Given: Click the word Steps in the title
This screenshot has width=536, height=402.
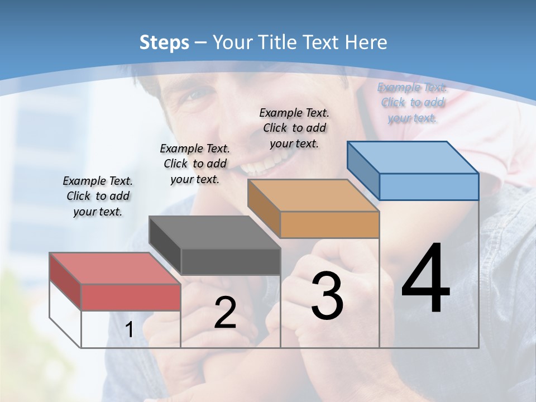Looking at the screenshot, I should tap(164, 42).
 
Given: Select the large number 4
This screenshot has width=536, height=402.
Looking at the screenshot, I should tap(425, 279).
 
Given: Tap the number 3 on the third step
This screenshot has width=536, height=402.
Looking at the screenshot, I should tap(327, 296).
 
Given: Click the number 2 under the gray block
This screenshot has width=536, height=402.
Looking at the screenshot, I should tap(225, 313).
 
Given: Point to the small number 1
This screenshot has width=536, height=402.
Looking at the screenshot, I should tap(129, 330).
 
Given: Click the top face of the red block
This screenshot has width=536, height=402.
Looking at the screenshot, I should tap(115, 268).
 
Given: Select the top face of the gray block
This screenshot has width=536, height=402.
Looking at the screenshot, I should tap(214, 232).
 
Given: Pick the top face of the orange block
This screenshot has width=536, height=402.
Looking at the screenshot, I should tap(313, 195).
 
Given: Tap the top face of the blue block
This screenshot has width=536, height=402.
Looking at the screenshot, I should tap(413, 157).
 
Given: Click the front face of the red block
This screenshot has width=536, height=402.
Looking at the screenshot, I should tap(131, 297).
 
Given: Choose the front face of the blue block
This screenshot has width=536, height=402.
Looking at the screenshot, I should tap(429, 186).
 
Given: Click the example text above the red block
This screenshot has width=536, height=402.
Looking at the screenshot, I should tap(98, 196).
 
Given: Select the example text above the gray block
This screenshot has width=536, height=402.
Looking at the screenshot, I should tap(195, 164).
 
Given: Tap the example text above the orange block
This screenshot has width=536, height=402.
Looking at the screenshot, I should tap(294, 128).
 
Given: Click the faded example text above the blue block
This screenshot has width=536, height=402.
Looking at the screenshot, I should tap(412, 102).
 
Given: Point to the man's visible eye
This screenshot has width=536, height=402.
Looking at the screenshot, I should tap(192, 94).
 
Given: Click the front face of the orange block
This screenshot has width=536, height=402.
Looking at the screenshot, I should tap(329, 225).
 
